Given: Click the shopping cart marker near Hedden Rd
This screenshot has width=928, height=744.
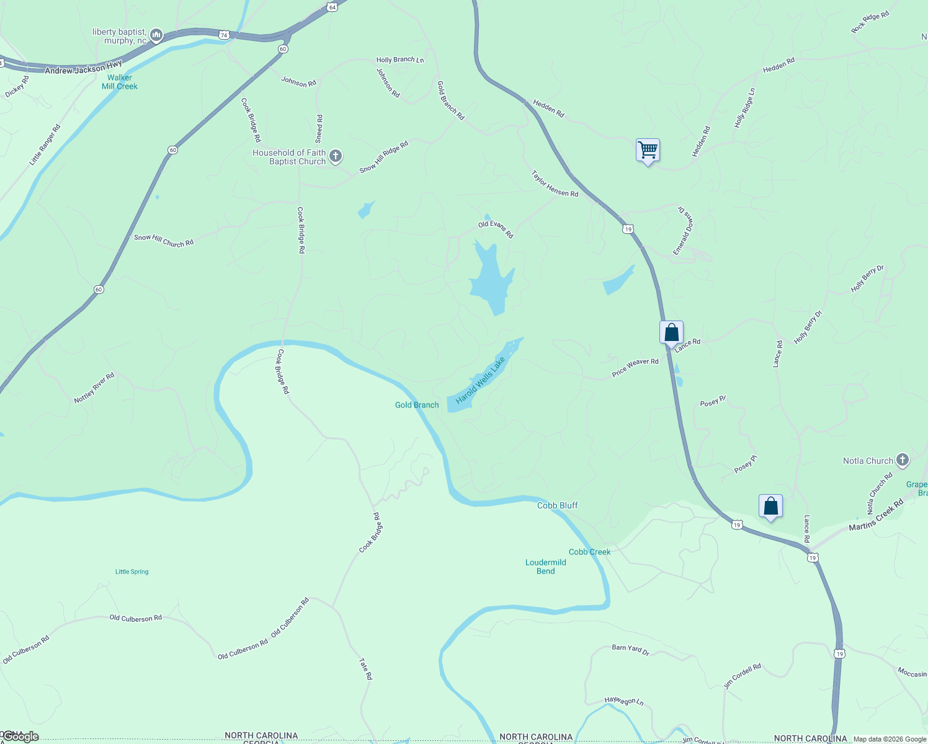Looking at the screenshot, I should pyautogui.click(x=648, y=149).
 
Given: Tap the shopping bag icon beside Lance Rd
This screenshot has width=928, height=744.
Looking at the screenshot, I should pyautogui.click(x=671, y=332).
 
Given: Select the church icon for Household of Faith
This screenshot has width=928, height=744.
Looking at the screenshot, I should pyautogui.click(x=336, y=156).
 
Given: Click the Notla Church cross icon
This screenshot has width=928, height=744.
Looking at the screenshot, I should pyautogui.click(x=903, y=460).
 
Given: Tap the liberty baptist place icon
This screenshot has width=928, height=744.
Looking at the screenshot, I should pyautogui.click(x=156, y=35).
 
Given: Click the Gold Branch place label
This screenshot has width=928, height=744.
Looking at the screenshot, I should pyautogui.click(x=417, y=405).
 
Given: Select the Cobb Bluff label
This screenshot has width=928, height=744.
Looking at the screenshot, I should pyautogui.click(x=557, y=505).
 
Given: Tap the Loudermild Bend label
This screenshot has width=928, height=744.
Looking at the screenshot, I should pyautogui.click(x=545, y=567).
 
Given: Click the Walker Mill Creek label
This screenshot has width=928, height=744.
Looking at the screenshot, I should pyautogui.click(x=120, y=82).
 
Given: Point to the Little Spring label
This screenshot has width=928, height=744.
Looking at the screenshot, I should pyautogui.click(x=132, y=572).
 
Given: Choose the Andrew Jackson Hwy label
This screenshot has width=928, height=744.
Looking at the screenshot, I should pyautogui.click(x=83, y=68).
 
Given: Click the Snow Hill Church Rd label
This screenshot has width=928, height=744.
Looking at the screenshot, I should pyautogui.click(x=164, y=241).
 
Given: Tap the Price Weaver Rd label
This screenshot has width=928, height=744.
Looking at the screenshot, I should pyautogui.click(x=635, y=367).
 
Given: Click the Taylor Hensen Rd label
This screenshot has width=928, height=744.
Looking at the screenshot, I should pyautogui.click(x=555, y=184).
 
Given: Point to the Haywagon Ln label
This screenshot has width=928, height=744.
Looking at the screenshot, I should pyautogui.click(x=624, y=701).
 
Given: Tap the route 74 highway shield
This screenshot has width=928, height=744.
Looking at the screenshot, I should pyautogui.click(x=224, y=35).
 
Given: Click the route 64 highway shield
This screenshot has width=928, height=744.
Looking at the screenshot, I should pyautogui.click(x=332, y=7).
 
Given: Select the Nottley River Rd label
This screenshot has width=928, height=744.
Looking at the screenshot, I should pyautogui.click(x=94, y=388).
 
